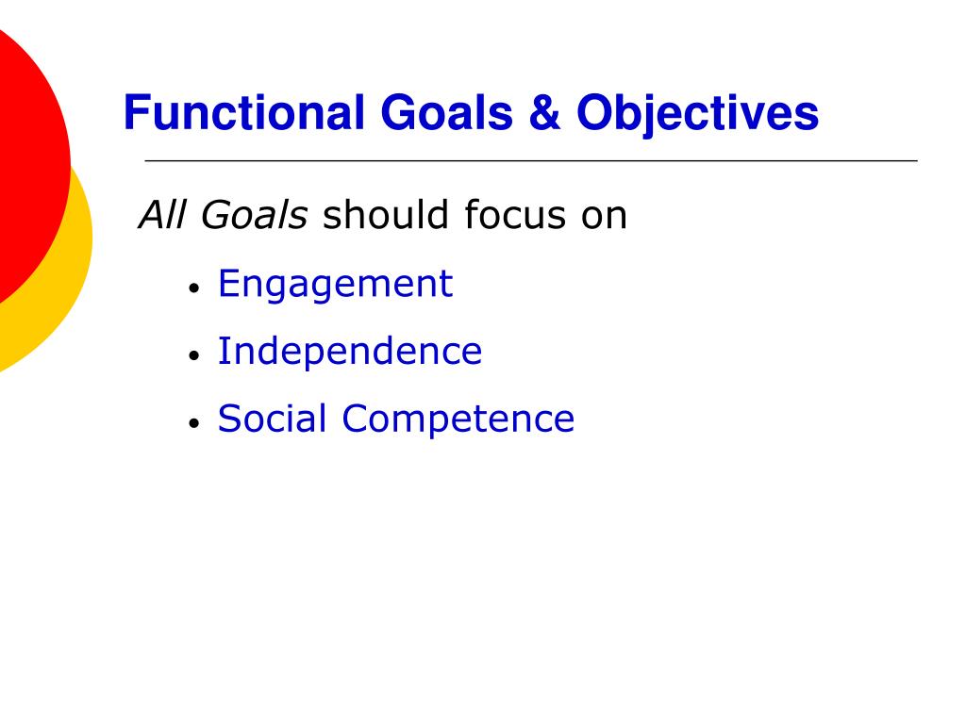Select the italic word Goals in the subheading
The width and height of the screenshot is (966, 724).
(254, 216)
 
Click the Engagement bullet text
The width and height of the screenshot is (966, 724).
(335, 285)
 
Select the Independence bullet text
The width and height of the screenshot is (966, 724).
(349, 352)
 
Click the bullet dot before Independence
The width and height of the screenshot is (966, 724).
(193, 356)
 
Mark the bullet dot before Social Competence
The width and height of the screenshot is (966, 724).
(193, 424)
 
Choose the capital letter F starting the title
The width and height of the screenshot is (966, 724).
(133, 113)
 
